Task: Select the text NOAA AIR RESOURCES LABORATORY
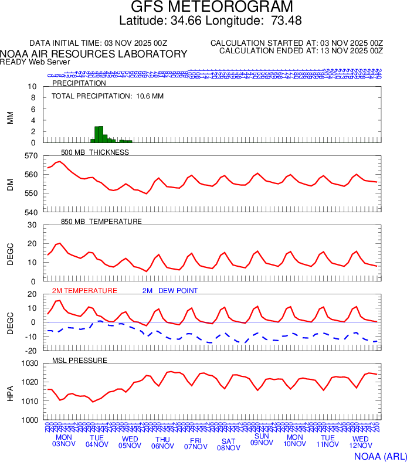(x=94, y=54)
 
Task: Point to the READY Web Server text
(x=35, y=62)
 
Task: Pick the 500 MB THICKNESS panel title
(x=95, y=152)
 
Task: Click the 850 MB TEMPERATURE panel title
(x=101, y=222)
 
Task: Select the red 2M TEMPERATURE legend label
(x=85, y=291)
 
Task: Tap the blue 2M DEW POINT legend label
(x=170, y=291)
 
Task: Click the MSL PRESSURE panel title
(x=80, y=360)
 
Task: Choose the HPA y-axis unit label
(x=10, y=392)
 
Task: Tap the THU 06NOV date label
(x=162, y=442)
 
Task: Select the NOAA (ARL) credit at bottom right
(x=379, y=456)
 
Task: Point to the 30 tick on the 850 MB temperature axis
(x=32, y=225)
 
